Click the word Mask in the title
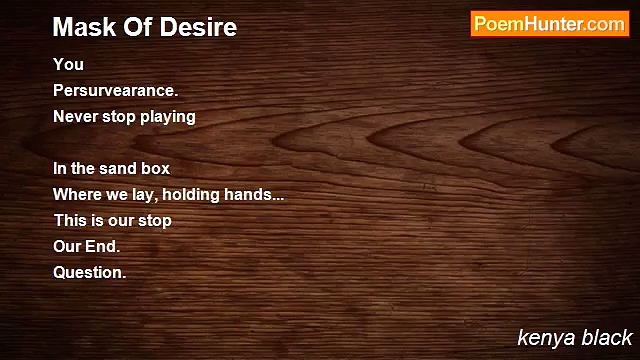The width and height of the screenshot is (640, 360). point(84,27)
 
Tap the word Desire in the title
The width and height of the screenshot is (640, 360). point(198,27)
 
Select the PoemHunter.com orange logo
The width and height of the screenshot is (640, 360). point(550,24)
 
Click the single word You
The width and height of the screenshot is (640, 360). point(68,64)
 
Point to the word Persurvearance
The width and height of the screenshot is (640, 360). point(115,91)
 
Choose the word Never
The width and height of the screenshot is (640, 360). point(75,117)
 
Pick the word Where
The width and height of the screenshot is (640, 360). point(77,195)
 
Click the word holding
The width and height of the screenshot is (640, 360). point(191,195)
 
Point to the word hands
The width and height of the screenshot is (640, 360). point(248,195)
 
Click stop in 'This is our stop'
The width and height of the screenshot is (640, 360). point(155,221)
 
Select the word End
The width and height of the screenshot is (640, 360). point(102,247)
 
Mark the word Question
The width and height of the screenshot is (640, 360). point(89,273)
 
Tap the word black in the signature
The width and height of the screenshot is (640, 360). point(607,337)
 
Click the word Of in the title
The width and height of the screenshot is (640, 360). point(138,27)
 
